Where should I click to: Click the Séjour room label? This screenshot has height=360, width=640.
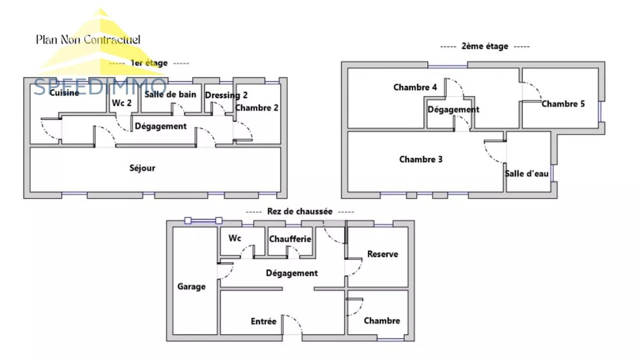pos(143,167)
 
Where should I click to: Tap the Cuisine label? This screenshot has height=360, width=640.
pos(64,92)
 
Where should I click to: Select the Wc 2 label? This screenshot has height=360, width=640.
pos(122,103)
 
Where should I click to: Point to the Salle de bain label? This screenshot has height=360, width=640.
pos(170,94)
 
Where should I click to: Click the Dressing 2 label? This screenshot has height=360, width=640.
pos(226,95)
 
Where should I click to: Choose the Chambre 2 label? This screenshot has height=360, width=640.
pos(257,108)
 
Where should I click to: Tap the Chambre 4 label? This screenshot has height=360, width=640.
pos(415,87)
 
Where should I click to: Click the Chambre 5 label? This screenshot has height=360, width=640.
pos(563,104)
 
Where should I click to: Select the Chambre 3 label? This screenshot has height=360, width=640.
pos(421,159)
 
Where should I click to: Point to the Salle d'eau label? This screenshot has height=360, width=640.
pos(527,173)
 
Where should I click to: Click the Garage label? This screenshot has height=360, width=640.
pos(191,287)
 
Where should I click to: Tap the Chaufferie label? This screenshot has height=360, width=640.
pos(290,239)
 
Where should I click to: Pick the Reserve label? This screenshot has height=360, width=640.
pos(382,254)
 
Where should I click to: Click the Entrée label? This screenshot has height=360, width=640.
pos(264,321)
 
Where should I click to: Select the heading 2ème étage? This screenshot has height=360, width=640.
pos(485,46)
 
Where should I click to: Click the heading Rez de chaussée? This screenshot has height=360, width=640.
pos(300,212)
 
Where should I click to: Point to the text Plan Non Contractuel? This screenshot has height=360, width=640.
pos(88,40)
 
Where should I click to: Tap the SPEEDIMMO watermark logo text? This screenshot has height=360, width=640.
pos(100,87)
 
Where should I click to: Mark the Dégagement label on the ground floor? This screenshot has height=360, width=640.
pos(292,273)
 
